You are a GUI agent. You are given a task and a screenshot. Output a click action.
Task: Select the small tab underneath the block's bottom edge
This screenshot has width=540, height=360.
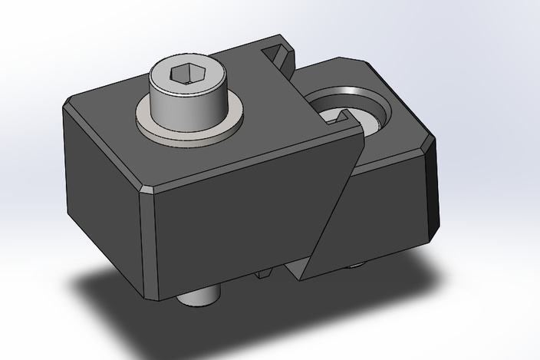(265, 273)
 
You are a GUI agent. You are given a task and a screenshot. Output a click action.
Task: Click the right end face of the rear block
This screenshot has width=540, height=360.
(431, 192)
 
